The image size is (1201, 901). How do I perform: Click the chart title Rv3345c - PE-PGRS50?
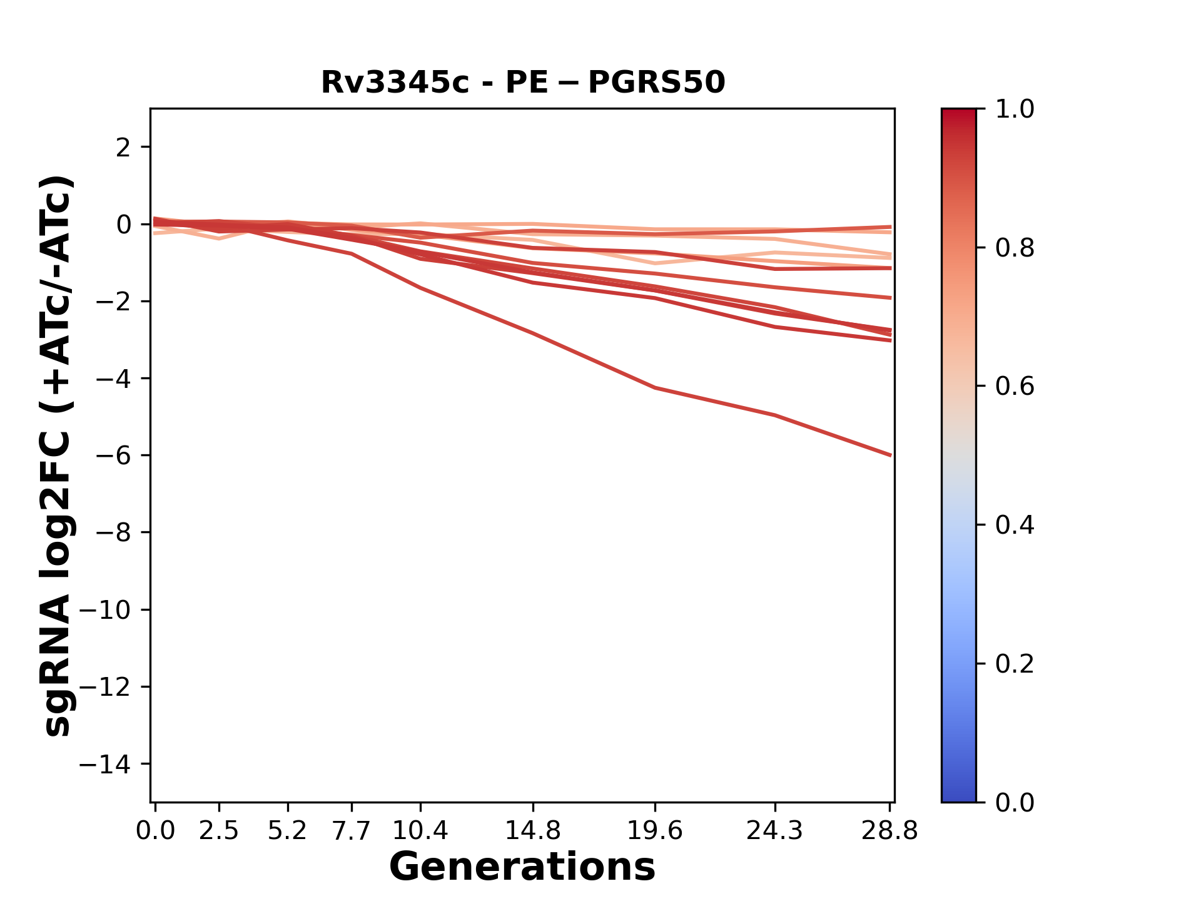[x=523, y=83]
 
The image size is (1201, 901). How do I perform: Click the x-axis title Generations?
[x=522, y=867]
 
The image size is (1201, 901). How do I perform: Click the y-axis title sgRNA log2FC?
[x=58, y=455]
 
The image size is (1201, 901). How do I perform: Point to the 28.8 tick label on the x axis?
[x=889, y=831]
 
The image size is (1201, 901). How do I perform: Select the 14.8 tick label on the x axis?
[x=532, y=831]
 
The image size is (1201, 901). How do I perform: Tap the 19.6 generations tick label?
[x=654, y=831]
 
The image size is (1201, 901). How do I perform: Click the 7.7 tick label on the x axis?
[x=352, y=831]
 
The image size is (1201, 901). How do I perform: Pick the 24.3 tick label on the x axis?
[x=774, y=831]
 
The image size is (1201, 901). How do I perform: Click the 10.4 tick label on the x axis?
[x=420, y=831]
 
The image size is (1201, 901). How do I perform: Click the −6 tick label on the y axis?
[x=118, y=456]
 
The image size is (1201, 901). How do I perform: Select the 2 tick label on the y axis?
[x=124, y=148]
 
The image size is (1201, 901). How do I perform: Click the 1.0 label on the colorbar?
[x=1015, y=109]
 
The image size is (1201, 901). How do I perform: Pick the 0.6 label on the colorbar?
[x=1015, y=387]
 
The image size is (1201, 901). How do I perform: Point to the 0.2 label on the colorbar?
[x=1015, y=664]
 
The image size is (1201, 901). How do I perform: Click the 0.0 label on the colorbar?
[x=1015, y=802]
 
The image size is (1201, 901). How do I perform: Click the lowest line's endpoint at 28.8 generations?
[x=890, y=455]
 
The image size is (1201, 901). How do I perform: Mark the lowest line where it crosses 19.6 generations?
[x=655, y=388]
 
